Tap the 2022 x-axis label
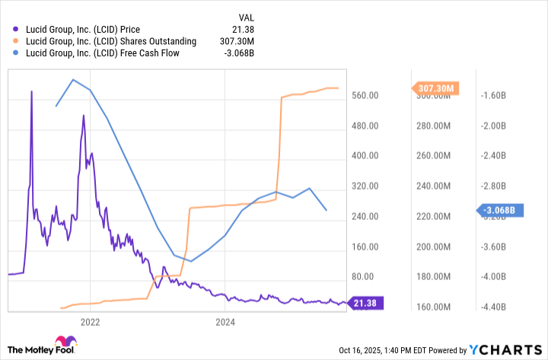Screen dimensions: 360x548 pyautogui.click(x=91, y=323)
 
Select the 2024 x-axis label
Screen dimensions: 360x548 pyautogui.click(x=225, y=323)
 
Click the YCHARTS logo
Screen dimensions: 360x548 pyautogui.click(x=505, y=349)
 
